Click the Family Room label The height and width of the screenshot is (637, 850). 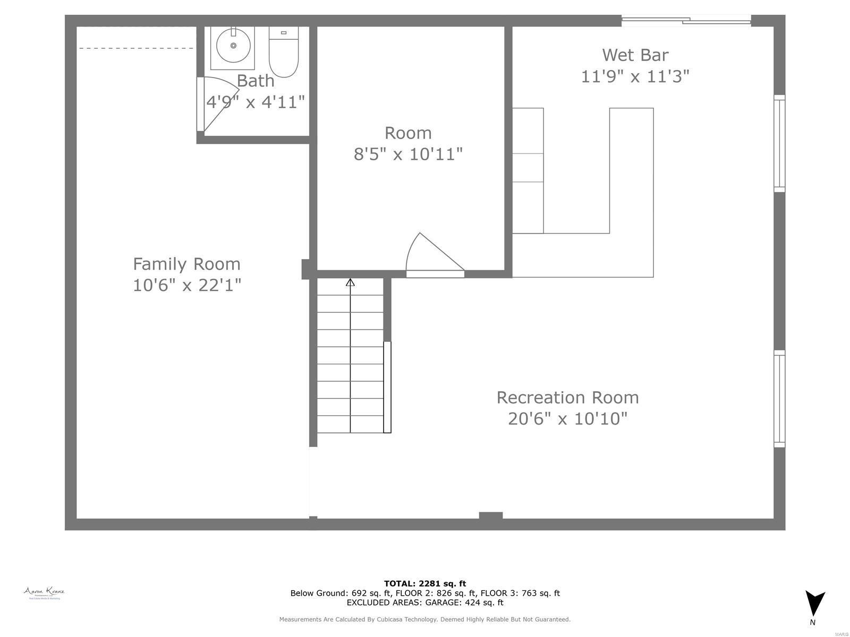(186, 264)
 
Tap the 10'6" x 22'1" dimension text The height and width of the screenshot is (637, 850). (186, 286)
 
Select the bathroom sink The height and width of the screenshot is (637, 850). (233, 46)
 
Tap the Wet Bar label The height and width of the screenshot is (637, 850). (635, 55)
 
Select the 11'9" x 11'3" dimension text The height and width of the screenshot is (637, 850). (635, 76)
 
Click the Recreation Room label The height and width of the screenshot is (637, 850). (567, 397)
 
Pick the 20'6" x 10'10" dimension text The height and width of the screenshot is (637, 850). (567, 419)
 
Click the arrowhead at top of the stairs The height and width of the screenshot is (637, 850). (350, 282)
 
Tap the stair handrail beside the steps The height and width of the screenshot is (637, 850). (387, 387)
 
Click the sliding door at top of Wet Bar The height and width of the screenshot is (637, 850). (686, 21)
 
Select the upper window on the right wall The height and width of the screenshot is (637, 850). (779, 143)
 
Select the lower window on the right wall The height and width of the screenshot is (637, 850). (779, 398)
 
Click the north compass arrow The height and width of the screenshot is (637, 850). (814, 603)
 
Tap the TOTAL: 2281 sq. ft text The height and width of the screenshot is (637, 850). (425, 583)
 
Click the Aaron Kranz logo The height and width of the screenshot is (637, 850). (44, 593)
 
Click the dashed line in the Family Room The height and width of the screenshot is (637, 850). (136, 48)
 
